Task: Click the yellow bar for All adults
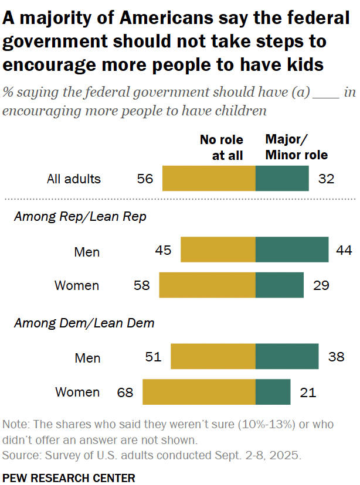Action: [x=209, y=179]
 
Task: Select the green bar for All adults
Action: [x=282, y=179]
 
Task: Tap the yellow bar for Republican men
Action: [x=218, y=250]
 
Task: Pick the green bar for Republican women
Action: [x=280, y=285]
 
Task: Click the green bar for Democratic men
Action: [x=287, y=356]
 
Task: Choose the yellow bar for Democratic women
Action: [x=199, y=392]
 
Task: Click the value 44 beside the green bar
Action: [x=344, y=250]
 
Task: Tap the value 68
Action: [x=125, y=392]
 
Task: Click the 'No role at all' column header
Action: [x=221, y=147]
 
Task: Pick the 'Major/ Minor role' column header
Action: [x=296, y=147]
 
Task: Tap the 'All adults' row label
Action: [x=74, y=179]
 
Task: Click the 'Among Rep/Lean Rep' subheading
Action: [x=80, y=217]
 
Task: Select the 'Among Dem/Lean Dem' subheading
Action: [x=84, y=323]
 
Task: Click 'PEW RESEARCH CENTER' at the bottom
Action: [x=69, y=478]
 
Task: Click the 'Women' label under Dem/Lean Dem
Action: [x=77, y=392]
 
